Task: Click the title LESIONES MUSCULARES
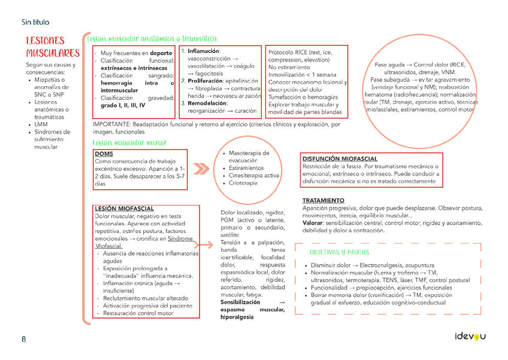(52, 47)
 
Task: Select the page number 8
(23, 339)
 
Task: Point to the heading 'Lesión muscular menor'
(129, 143)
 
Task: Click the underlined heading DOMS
(104, 154)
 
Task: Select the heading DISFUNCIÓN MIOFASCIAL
(340, 159)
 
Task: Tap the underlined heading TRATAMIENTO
(323, 200)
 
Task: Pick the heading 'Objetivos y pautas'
(339, 252)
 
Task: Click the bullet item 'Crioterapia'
(243, 183)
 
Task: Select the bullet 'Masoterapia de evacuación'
(249, 157)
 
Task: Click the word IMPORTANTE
(112, 125)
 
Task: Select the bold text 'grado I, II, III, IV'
(123, 105)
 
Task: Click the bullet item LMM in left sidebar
(41, 125)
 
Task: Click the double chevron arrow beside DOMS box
(202, 168)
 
